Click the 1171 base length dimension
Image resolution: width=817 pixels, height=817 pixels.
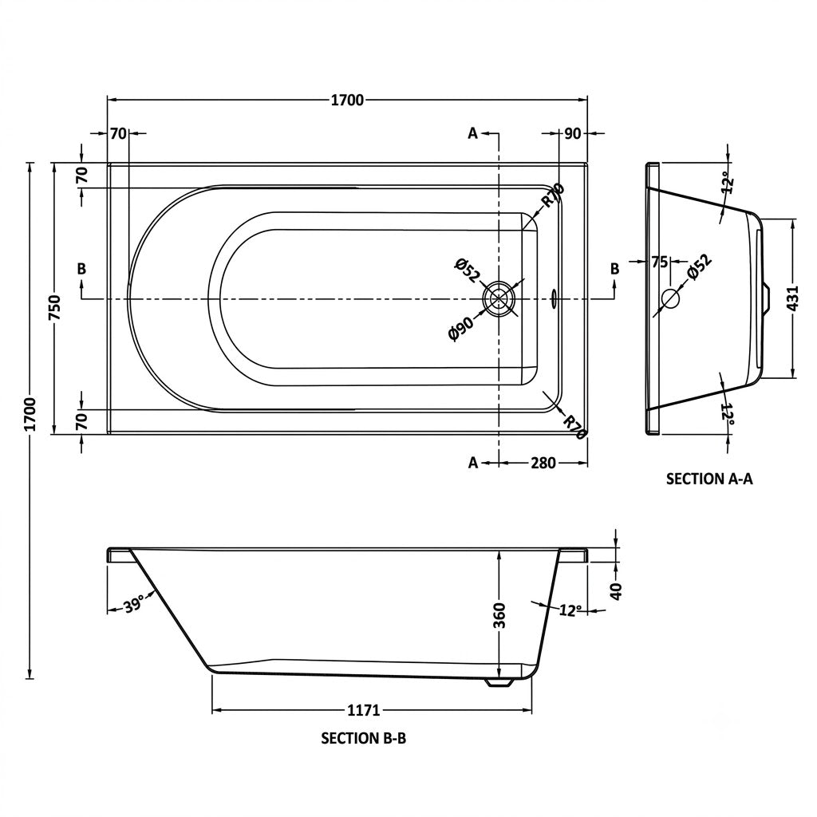coord(364,710)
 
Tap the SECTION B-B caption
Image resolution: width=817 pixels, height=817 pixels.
coord(363,738)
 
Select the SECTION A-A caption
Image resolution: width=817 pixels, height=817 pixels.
coord(709,479)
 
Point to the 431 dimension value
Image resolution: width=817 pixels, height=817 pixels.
coord(792,299)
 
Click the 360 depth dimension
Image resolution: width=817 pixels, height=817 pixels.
coord(499,615)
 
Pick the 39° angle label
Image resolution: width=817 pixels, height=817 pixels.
coord(133,606)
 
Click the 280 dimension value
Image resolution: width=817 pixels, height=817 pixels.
coord(543,463)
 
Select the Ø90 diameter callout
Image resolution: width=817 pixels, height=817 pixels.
coord(461,329)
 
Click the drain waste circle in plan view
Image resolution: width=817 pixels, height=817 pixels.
coord(499,299)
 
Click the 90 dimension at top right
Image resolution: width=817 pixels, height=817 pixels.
coord(572,134)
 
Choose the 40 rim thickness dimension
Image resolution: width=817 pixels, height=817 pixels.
coord(616,591)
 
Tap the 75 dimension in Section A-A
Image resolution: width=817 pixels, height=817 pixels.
coord(659,262)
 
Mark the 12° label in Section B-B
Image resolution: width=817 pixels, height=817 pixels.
coord(571,610)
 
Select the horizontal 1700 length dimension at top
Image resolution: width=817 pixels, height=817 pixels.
coord(348,100)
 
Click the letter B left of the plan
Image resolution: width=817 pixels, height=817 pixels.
coord(81,269)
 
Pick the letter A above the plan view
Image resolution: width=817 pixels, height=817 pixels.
coord(472,133)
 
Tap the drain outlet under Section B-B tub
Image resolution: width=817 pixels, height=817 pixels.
coord(499,683)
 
